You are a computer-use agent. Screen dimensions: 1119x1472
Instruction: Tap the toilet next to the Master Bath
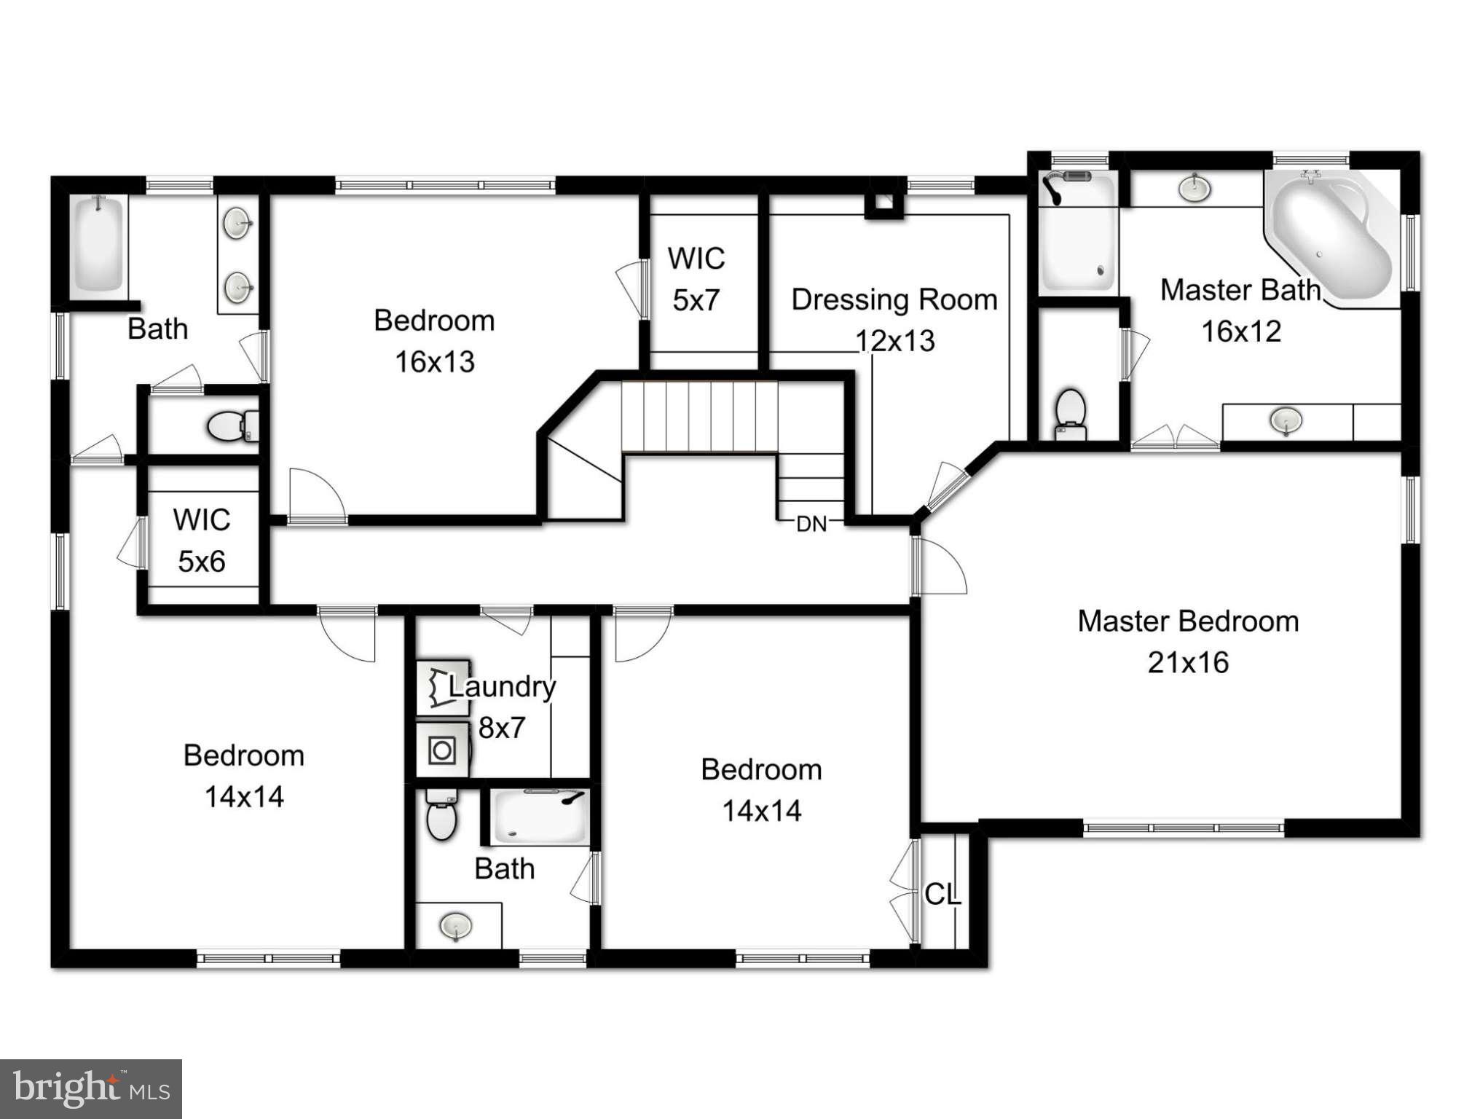[x=1070, y=413]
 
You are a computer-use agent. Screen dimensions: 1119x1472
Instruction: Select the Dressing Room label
[x=894, y=299]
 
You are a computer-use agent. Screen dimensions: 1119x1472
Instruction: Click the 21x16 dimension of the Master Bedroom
[x=1188, y=662]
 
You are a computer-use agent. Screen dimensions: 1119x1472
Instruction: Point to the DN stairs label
[x=811, y=524]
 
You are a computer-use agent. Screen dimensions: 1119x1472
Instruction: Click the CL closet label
[x=942, y=894]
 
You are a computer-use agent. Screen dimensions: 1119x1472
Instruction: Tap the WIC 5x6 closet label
[x=202, y=541]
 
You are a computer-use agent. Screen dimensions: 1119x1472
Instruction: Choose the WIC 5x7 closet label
[x=696, y=278]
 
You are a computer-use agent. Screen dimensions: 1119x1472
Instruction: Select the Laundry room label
[x=502, y=686]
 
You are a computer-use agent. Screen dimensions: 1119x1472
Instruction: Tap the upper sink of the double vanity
[x=237, y=224]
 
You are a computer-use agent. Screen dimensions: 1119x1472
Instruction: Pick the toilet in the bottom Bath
[x=441, y=815]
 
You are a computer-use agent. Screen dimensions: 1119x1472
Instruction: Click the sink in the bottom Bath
[x=456, y=926]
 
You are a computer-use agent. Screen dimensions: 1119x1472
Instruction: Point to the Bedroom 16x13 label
[x=434, y=341]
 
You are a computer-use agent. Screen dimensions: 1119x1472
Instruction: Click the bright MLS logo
[x=91, y=1088]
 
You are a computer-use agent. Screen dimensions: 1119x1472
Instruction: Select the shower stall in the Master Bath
[x=1077, y=235]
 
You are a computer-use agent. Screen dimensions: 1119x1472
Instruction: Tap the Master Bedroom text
[x=1188, y=621]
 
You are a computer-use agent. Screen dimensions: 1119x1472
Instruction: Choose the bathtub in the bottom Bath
[x=540, y=817]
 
